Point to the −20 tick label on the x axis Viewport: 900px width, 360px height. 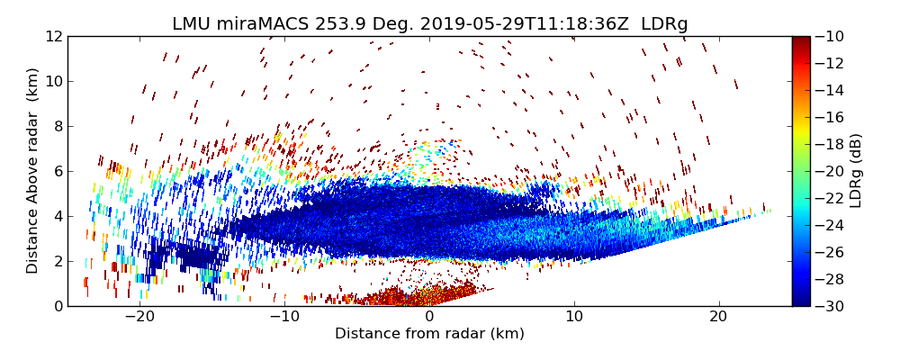[139, 317]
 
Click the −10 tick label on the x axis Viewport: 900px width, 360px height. [284, 317]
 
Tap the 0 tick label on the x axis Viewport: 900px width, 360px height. [429, 317]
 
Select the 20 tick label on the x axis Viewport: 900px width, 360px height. [718, 317]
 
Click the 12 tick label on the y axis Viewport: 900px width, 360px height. [54, 37]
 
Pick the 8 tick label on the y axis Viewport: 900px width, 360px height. [58, 126]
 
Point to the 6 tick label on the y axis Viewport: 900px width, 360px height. [58, 171]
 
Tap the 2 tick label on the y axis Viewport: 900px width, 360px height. [58, 261]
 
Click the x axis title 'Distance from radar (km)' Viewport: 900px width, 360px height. [429, 334]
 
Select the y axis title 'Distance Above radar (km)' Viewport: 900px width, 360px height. [32, 171]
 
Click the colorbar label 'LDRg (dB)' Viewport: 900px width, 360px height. [856, 171]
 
